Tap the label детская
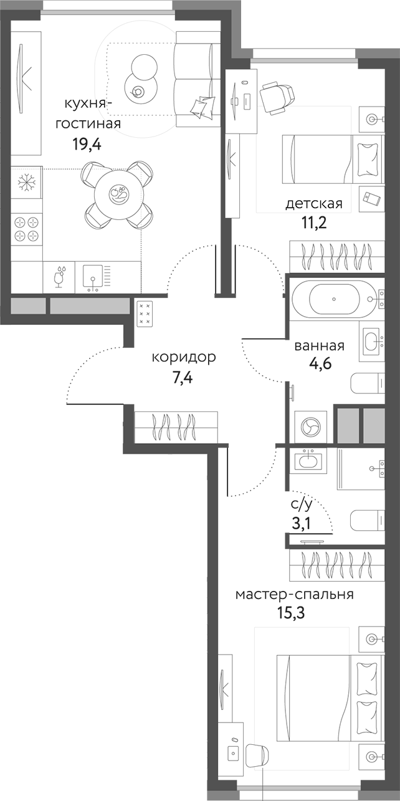coord(314,204)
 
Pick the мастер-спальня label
coord(294,594)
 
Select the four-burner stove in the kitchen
coord(26,228)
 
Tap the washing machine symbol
coord(310,426)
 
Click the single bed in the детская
coord(329,159)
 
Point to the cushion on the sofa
coord(201,107)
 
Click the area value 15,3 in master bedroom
coord(290,615)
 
